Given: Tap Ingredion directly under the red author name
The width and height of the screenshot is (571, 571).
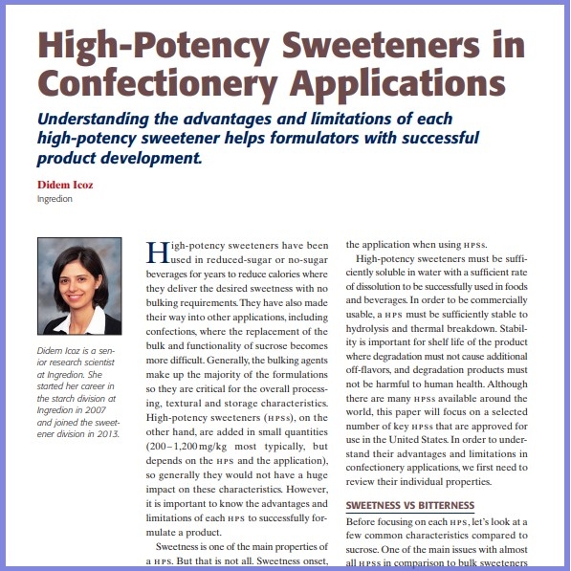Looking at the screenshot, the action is pyautogui.click(x=55, y=199).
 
